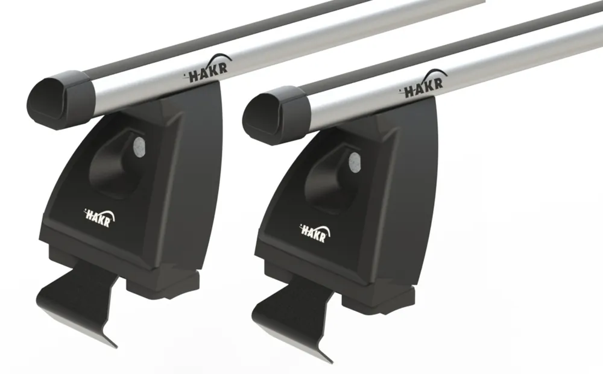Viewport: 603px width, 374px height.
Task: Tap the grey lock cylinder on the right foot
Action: click(355, 162)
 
